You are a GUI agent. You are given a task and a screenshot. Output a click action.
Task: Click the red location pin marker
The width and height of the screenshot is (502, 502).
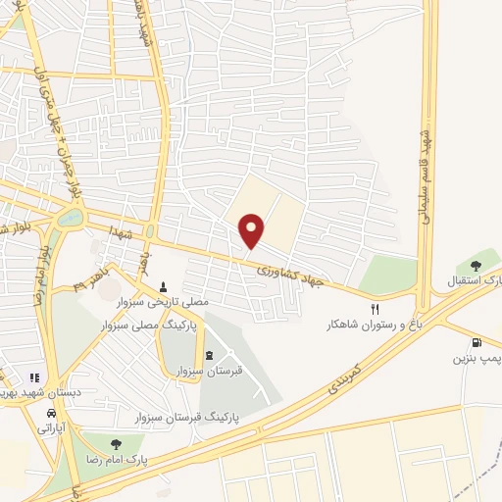(252, 230)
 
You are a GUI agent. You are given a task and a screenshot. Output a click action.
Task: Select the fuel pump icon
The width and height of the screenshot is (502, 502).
(477, 343)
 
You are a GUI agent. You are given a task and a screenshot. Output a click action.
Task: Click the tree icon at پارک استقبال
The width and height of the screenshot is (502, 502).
(476, 265)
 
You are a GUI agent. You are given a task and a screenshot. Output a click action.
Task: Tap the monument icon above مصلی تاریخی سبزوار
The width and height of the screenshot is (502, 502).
(164, 286)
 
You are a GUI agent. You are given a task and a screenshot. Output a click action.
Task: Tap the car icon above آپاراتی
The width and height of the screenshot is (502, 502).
(47, 413)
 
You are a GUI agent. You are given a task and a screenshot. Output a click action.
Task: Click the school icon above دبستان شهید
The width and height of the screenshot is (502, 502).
(33, 377)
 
